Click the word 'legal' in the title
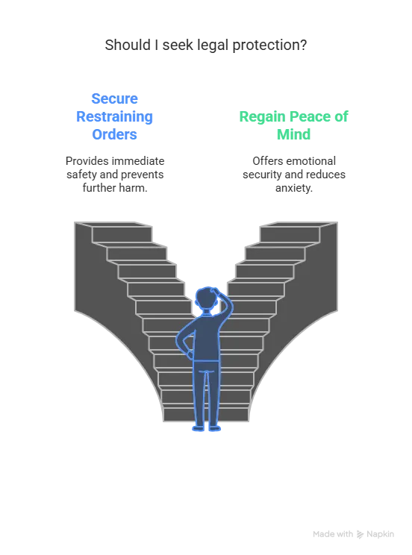[x=213, y=46]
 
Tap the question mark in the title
[x=303, y=45]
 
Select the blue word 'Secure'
[x=114, y=98]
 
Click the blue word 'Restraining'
[x=114, y=117]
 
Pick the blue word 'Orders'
[x=114, y=134]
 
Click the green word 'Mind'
[x=293, y=134]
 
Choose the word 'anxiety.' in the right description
[x=294, y=188]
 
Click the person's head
[x=206, y=298]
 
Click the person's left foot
[x=199, y=429]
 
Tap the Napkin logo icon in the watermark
[x=360, y=534]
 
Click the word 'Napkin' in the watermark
[x=380, y=534]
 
